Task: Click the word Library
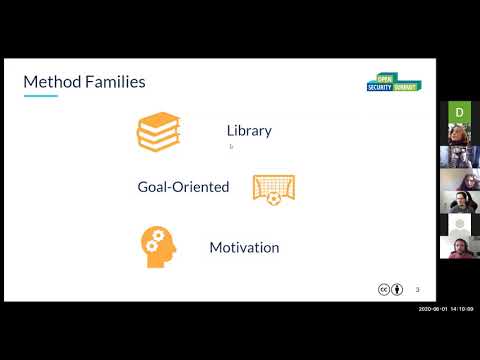click(x=249, y=131)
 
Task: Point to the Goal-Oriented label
click(x=183, y=186)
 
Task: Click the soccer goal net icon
click(x=273, y=187)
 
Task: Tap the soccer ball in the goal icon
click(x=274, y=198)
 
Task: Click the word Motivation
click(x=244, y=247)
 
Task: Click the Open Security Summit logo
click(x=392, y=83)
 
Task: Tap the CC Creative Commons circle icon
click(x=383, y=290)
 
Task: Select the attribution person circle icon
click(x=397, y=290)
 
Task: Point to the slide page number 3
click(x=417, y=290)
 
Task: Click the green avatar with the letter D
click(x=459, y=112)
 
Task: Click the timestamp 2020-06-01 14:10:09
click(x=445, y=309)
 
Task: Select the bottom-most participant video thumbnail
click(x=459, y=247)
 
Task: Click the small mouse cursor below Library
click(x=231, y=146)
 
